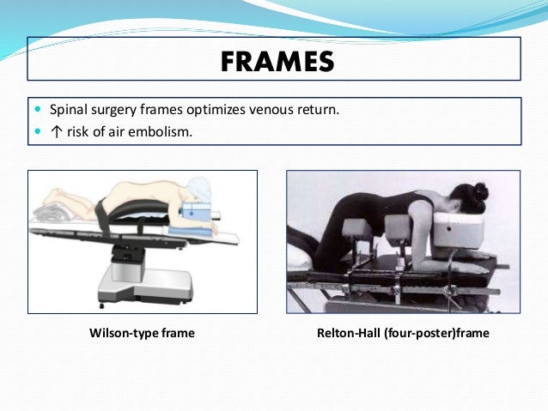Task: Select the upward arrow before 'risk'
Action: [x=54, y=131]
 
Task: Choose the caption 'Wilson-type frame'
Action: [x=142, y=333]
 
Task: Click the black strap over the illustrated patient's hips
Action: [x=104, y=213]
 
